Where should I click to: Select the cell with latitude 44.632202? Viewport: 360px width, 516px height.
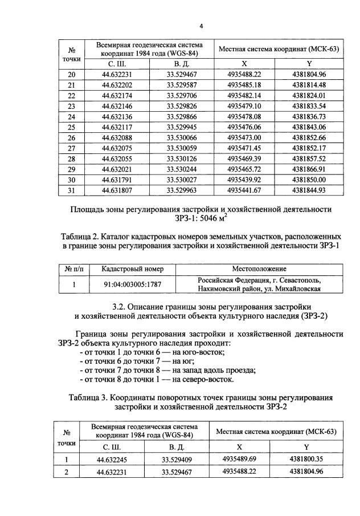coord(116,85)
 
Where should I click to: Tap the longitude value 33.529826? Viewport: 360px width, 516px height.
coord(181,106)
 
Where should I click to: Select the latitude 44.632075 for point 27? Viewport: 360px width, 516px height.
coord(116,148)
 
